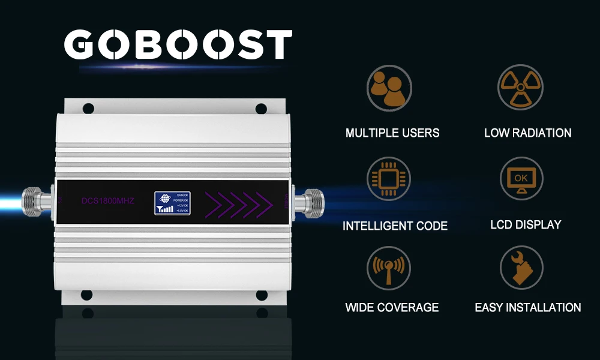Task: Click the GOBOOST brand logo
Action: pos(178,45)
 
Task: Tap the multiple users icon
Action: pos(389,88)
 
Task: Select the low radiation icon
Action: pos(520,88)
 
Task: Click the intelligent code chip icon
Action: pos(389,179)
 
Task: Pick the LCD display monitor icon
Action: pos(521,179)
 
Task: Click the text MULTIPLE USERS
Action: pos(392,133)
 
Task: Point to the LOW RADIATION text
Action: pos(527,133)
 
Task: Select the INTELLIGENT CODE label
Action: pos(395,226)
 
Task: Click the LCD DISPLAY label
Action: pos(526,225)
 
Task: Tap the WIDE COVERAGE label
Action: pos(392,308)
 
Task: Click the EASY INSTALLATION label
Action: pos(528,308)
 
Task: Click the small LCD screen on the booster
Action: pos(172,203)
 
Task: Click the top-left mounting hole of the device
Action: pos(88,109)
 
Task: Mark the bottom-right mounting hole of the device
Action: pos(262,295)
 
